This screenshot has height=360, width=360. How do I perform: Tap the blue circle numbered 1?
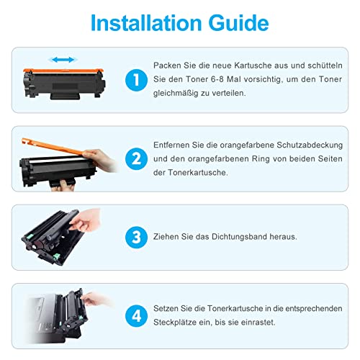click(135, 78)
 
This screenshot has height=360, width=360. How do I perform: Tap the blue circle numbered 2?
click(135, 156)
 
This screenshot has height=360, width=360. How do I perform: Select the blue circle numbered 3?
click(135, 235)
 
